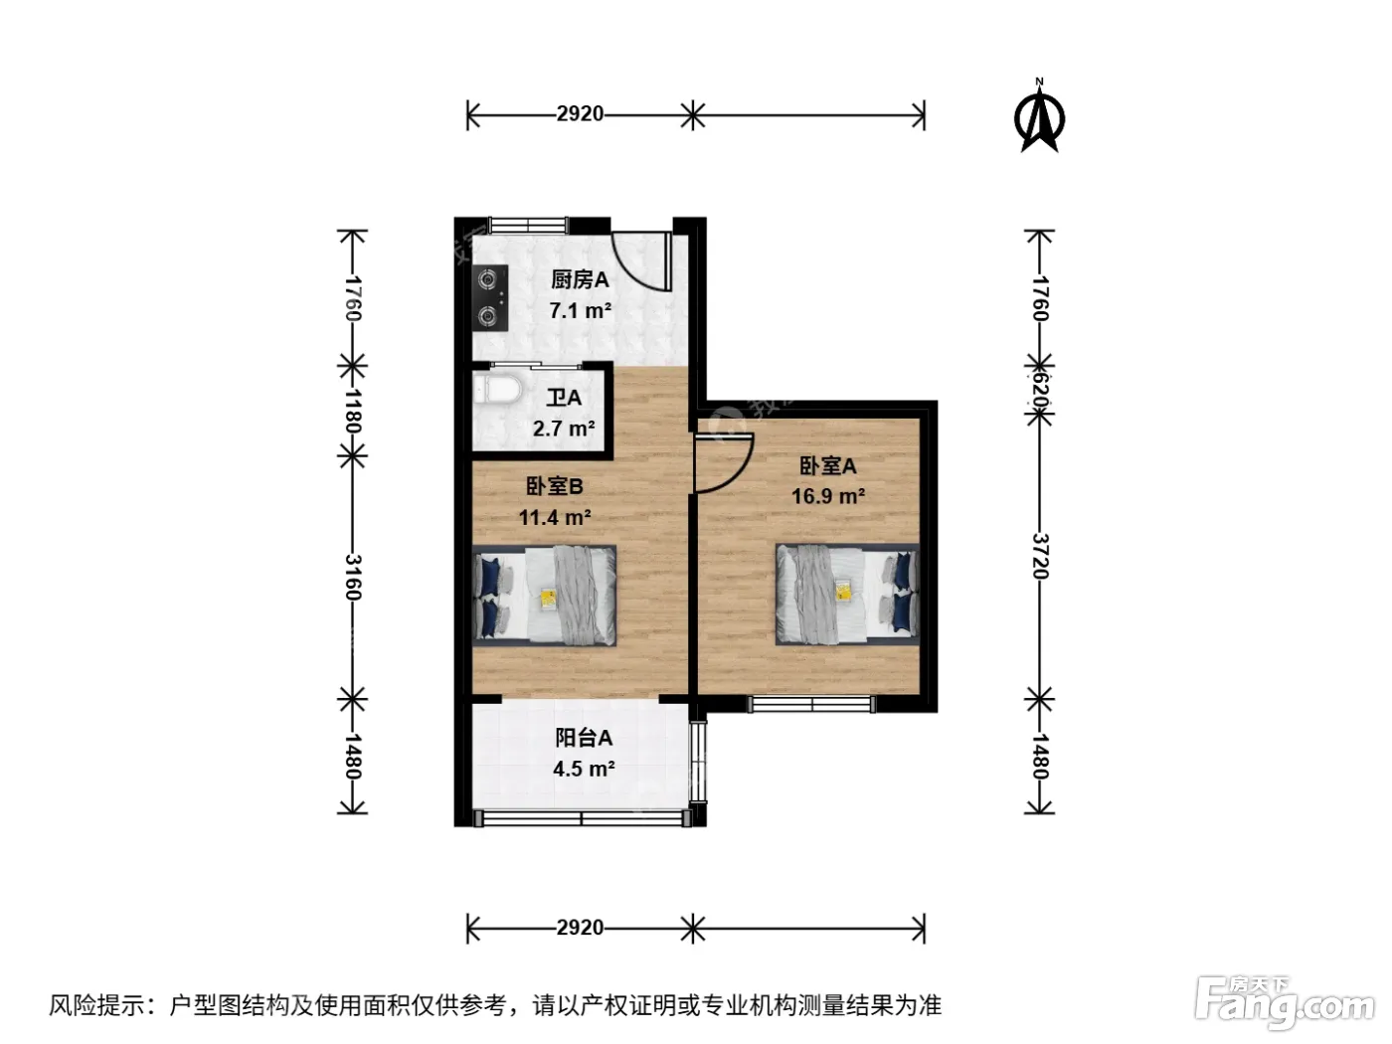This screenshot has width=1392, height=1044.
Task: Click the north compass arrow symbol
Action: (x=1039, y=116)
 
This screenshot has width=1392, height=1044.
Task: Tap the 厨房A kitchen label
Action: (x=580, y=279)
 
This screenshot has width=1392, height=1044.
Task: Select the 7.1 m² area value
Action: (x=580, y=310)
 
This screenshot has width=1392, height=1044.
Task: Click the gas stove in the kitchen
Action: (x=489, y=298)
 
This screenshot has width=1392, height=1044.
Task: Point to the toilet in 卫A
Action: (x=497, y=388)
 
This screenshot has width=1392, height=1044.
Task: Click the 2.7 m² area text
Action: (x=564, y=429)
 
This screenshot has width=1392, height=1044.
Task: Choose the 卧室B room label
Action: (x=554, y=486)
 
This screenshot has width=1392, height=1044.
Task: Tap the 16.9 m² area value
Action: (x=827, y=496)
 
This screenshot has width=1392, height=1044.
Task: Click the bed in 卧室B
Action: (x=544, y=596)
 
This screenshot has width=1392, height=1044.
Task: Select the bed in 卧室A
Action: (x=847, y=595)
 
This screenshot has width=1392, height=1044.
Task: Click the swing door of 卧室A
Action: (x=723, y=462)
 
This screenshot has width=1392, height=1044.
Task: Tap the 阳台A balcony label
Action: (x=584, y=738)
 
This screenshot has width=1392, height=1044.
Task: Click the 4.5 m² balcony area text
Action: (x=584, y=769)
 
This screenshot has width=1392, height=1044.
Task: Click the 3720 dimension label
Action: (x=1040, y=556)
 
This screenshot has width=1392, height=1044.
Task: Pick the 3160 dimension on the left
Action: (x=353, y=577)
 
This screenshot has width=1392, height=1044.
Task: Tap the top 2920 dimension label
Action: (x=580, y=114)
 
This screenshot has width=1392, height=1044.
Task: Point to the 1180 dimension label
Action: (x=353, y=411)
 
